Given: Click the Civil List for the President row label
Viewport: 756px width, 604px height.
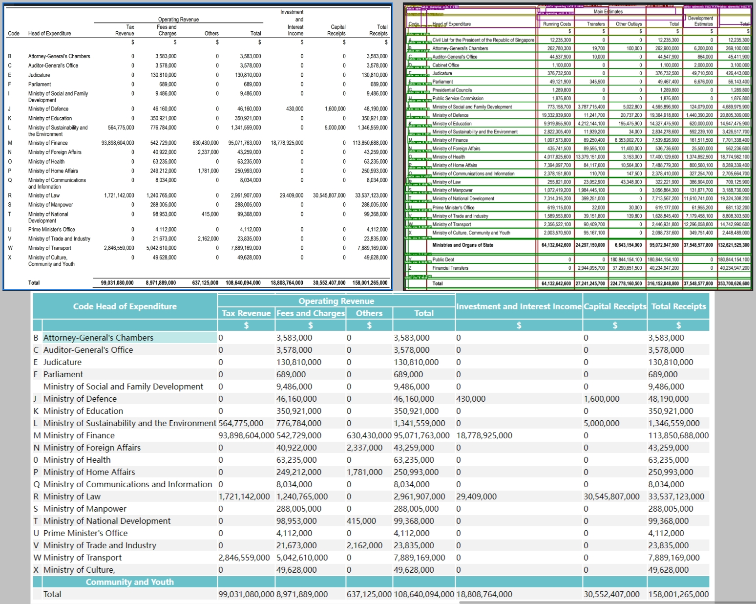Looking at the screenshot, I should tap(483, 40).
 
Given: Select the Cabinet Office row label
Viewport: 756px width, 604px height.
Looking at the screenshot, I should tap(446, 65).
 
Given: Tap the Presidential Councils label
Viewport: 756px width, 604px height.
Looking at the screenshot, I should tap(452, 90).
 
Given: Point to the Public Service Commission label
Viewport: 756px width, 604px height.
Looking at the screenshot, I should tap(458, 98).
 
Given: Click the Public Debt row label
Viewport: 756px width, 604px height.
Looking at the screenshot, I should tap(443, 259).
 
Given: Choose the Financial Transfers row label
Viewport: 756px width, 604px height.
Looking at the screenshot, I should tap(450, 268).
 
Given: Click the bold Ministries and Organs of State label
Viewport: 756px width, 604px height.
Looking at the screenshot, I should tap(462, 245).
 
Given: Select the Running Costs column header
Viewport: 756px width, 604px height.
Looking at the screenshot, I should tap(557, 24).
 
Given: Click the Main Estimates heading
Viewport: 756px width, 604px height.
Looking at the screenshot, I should tap(608, 12).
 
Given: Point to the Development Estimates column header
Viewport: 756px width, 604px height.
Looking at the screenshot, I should tap(700, 21).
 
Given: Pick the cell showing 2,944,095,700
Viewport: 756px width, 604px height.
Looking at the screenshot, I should tap(591, 268).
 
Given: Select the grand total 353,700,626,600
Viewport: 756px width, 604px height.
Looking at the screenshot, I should tap(734, 283).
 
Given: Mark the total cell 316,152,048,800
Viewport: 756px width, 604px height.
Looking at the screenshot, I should tap(664, 283).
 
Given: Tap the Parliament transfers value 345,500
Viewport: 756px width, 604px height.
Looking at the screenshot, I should tap(597, 82).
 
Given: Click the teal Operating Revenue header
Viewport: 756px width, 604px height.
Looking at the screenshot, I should tap(336, 301).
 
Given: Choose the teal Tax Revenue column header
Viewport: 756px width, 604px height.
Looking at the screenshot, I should tap(246, 313).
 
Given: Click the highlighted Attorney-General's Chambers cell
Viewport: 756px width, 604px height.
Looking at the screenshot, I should tap(129, 338).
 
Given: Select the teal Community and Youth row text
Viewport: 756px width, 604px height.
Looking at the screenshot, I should tap(129, 582).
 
